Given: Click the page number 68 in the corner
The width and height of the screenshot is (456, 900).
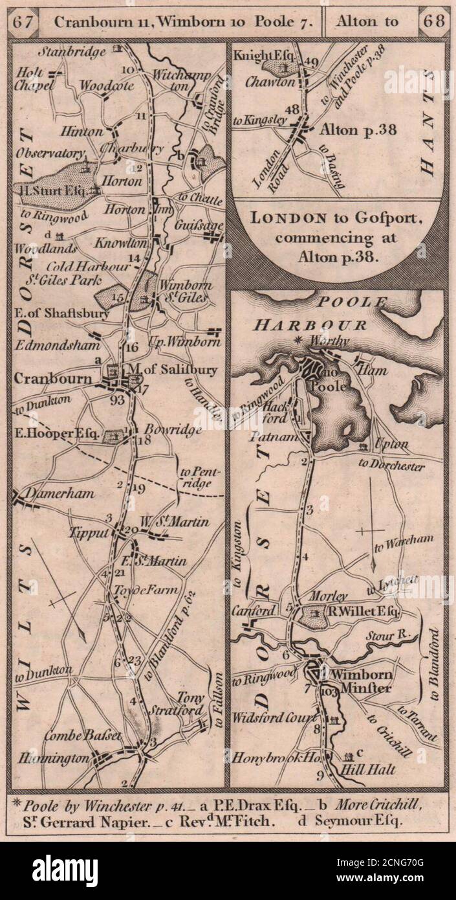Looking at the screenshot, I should pos(431,21).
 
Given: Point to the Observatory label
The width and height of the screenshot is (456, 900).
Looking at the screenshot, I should pos(50,153).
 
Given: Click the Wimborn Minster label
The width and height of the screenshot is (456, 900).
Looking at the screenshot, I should pos(360,681).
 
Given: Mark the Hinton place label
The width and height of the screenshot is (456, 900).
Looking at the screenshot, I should pos(82,131).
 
